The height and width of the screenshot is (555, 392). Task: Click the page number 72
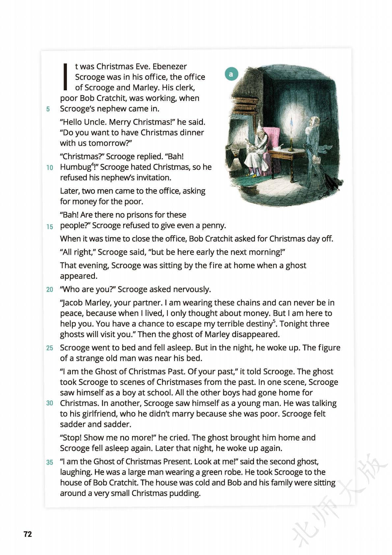[x=28, y=534]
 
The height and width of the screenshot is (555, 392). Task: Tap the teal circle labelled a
[x=231, y=74]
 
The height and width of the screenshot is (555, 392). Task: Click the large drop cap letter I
[x=66, y=77]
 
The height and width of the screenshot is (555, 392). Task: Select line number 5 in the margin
[x=48, y=109]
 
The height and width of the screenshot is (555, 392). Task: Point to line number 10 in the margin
[x=49, y=167]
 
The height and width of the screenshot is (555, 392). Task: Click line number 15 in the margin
[x=49, y=226]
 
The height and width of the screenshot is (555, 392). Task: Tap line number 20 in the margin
[x=49, y=290]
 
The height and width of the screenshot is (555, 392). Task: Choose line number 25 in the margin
[x=49, y=348]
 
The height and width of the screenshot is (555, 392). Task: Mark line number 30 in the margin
[x=49, y=403]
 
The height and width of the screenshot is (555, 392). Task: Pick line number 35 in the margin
[x=49, y=462]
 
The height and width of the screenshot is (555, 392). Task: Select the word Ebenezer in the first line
[x=169, y=66]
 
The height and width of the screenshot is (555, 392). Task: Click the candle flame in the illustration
[x=291, y=122]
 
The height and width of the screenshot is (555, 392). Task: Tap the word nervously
[x=193, y=289]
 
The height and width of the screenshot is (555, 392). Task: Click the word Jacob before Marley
[x=71, y=303]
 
